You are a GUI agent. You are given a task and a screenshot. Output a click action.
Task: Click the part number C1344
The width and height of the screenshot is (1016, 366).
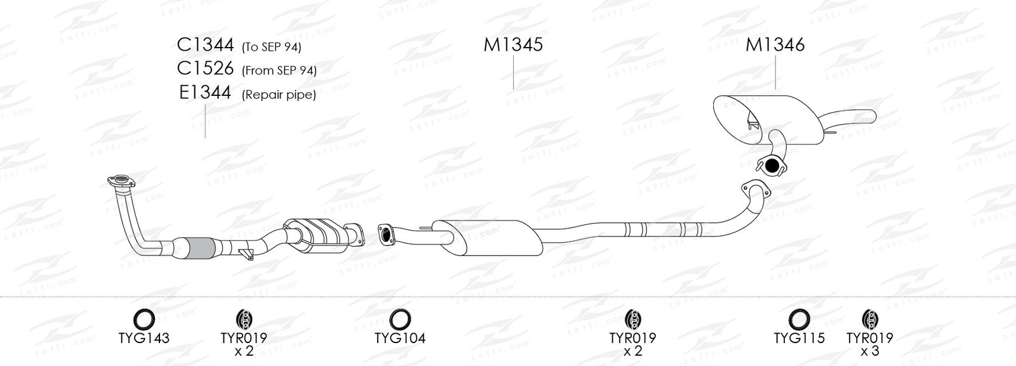coord(205,44)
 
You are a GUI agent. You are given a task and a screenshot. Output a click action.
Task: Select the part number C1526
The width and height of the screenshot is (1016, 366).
coord(205,69)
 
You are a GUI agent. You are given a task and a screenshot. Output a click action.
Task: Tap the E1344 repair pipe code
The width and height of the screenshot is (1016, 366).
coord(205,93)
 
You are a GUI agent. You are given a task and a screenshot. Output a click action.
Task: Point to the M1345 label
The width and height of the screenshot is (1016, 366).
coord(513,44)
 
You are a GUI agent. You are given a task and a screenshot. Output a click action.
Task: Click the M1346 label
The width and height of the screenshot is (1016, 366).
coord(775,44)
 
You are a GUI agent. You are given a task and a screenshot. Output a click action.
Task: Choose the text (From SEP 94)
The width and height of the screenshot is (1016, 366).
coord(279,71)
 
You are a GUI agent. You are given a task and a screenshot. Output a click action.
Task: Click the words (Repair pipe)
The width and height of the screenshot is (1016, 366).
coord(279,95)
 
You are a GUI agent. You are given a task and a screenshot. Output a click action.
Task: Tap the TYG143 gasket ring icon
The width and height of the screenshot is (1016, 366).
coord(144,319)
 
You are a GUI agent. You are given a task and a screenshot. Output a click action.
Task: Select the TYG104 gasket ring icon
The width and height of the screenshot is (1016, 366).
coord(400,319)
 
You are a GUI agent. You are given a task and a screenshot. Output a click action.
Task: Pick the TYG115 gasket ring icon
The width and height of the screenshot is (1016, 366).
coord(799,319)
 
